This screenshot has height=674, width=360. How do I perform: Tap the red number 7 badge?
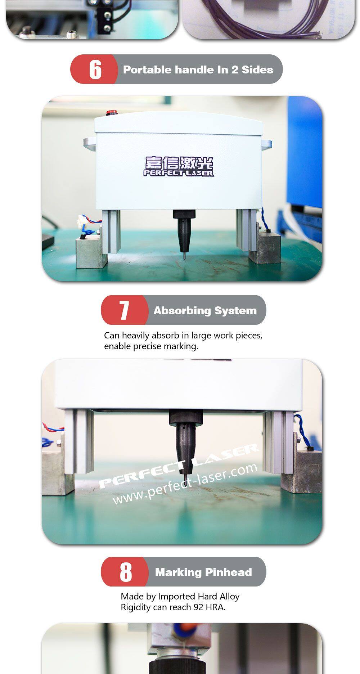click(124, 310)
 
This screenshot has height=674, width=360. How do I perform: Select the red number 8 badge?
click(125, 572)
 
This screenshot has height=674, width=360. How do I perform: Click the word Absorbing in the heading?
click(182, 310)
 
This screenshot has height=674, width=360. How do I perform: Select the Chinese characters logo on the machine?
click(179, 163)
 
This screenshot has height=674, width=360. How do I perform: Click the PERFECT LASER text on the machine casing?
click(179, 173)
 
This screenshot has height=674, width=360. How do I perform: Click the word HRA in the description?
click(215, 607)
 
